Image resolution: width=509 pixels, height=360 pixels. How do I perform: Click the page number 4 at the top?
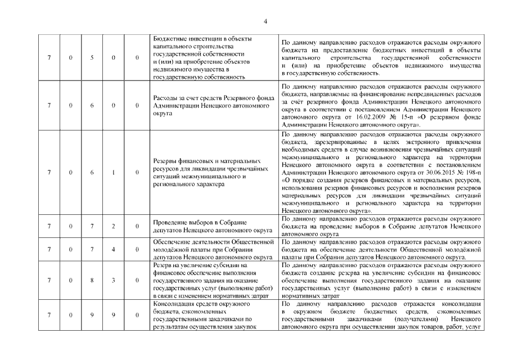coord(265,21)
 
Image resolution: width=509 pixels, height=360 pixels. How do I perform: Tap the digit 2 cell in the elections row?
coord(114,227)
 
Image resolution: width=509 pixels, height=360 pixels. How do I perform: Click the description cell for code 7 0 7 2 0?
coord(380,227)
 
